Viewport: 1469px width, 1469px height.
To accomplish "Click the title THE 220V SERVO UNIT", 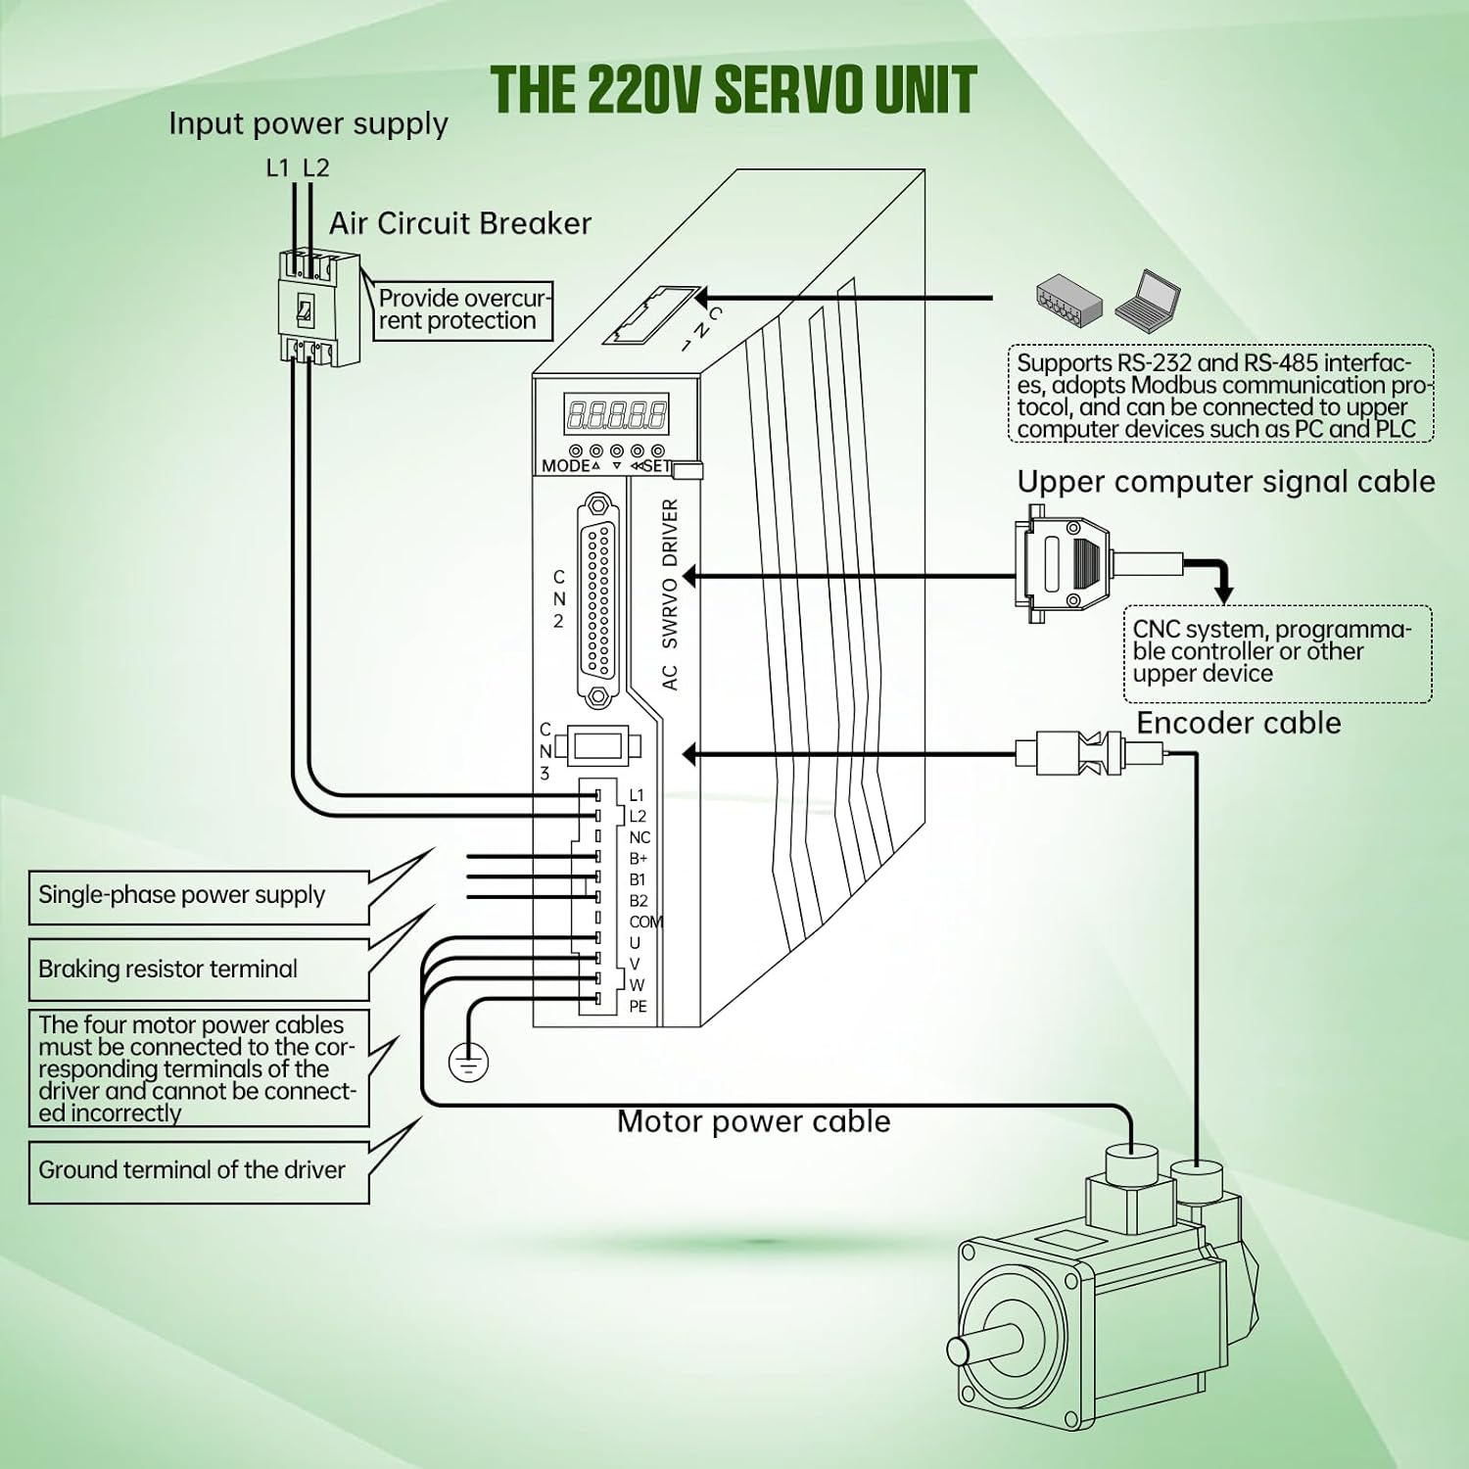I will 734,90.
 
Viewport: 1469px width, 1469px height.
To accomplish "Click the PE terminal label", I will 638,1007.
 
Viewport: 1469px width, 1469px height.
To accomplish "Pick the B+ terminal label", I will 638,859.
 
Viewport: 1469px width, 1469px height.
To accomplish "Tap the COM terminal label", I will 645,922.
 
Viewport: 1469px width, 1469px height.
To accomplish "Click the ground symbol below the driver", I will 468,1062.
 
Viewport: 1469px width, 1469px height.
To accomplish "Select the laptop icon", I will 1148,300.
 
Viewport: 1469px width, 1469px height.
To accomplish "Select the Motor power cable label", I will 753,1121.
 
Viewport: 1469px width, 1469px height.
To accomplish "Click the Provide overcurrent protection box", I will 462,309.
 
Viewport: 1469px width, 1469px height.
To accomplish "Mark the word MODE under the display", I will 565,466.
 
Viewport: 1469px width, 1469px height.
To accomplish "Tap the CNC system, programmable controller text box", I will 1277,652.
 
